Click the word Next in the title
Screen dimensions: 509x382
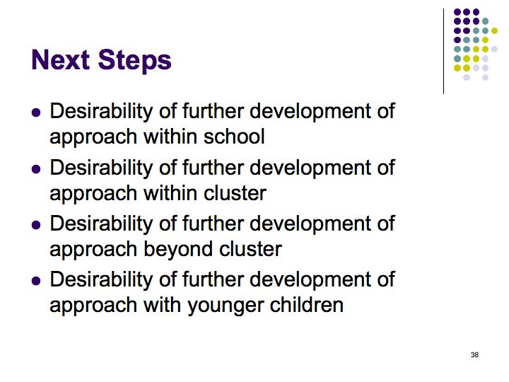60,59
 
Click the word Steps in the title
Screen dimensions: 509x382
134,61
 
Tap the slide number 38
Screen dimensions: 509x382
474,354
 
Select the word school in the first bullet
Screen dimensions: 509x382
234,136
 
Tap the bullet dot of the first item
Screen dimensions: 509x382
36,112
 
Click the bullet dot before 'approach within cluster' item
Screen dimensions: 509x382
36,169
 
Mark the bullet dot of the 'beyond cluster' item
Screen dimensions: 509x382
36,225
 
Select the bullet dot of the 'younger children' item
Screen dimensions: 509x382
36,281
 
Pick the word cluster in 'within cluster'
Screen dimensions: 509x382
235,192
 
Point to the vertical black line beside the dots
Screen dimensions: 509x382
443,52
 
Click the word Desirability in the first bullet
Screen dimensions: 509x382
101,111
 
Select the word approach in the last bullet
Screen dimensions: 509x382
93,306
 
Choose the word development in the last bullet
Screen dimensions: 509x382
310,281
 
